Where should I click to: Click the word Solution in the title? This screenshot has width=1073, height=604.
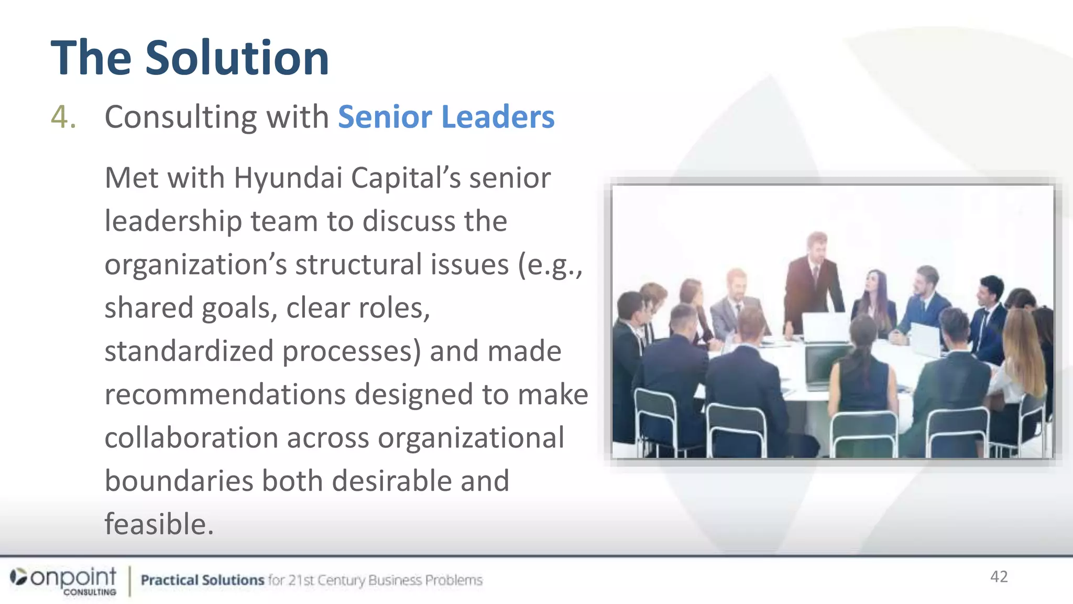[237, 58]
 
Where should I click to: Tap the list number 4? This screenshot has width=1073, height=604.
[63, 116]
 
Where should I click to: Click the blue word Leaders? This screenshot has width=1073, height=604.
[498, 116]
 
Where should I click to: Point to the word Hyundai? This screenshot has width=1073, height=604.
[288, 178]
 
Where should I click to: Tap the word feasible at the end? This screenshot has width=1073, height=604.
[159, 524]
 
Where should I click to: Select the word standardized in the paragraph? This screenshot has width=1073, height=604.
[189, 351]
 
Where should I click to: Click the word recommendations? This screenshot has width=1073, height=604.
[225, 394]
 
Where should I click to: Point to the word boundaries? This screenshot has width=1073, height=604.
[179, 481]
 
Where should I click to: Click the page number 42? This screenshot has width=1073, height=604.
[999, 577]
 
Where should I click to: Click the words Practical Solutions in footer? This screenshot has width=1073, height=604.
[202, 580]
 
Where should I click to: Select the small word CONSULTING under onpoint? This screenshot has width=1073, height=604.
[90, 592]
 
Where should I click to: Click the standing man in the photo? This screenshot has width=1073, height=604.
[813, 283]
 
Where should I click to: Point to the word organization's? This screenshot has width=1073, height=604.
[195, 264]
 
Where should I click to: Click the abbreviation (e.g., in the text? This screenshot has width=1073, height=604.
[550, 264]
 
